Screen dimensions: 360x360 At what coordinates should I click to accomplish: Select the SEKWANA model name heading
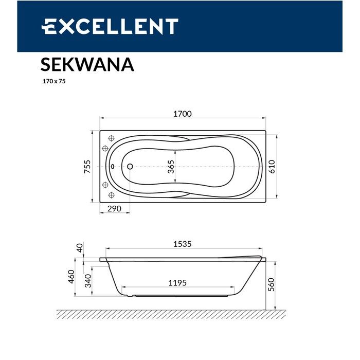(x=87, y=65)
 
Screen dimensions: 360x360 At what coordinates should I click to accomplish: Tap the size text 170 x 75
(x=53, y=81)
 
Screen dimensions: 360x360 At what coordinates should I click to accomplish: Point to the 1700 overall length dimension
(x=182, y=114)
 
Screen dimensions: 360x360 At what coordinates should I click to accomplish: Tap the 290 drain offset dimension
(x=114, y=209)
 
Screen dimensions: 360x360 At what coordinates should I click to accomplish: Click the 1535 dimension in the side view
(x=182, y=244)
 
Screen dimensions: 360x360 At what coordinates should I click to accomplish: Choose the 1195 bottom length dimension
(x=177, y=282)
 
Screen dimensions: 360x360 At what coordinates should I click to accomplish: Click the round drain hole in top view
(x=130, y=167)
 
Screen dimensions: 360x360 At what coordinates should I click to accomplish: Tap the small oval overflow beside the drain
(x=113, y=167)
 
